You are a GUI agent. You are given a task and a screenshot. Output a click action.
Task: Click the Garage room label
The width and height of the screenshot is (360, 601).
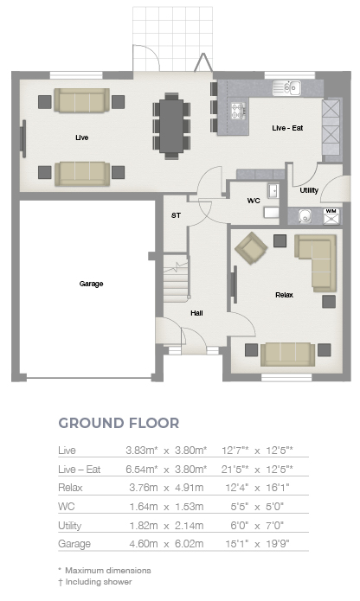[91, 284]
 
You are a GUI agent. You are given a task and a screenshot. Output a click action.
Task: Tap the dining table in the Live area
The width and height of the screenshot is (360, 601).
[171, 126]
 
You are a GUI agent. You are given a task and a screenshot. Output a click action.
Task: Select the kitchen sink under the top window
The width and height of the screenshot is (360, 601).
[286, 88]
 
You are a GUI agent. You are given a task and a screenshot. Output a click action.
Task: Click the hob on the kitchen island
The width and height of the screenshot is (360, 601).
[238, 111]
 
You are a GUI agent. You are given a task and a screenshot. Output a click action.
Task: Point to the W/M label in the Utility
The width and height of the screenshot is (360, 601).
[331, 211]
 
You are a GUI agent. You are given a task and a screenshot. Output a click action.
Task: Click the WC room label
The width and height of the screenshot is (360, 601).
[254, 201]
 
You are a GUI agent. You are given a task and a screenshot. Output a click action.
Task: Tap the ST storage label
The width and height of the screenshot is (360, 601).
[176, 215]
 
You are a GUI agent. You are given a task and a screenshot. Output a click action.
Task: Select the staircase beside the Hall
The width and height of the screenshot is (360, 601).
[177, 278]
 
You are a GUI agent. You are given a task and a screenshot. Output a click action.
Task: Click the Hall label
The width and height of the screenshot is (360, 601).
[196, 313]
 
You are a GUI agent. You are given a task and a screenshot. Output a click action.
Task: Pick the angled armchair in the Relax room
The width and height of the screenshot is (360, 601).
[251, 247]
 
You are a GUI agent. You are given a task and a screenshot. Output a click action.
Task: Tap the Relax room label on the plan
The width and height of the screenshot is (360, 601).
[284, 295]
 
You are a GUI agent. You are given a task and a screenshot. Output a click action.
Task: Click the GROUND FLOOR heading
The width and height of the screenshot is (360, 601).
[119, 423]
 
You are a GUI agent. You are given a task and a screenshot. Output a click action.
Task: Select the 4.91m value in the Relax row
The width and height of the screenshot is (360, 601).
[189, 488]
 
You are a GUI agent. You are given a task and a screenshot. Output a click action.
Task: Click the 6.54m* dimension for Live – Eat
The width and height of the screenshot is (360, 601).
[142, 470]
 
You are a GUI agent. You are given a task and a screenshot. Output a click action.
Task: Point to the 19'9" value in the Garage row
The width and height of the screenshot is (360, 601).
[278, 544]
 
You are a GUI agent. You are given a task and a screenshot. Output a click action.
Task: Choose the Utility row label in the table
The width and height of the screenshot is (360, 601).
[70, 526]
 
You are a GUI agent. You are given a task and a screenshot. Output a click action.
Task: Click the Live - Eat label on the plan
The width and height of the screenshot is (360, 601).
[287, 128]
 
